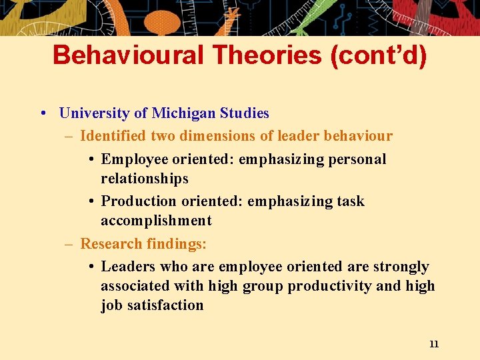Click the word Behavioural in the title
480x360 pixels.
pyautogui.click(x=127, y=55)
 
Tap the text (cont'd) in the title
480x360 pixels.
pyautogui.click(x=378, y=55)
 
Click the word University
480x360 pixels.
pyautogui.click(x=95, y=113)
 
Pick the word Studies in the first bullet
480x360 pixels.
pyautogui.click(x=245, y=113)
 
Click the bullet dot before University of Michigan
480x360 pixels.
pyautogui.click(x=43, y=113)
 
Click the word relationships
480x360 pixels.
pyautogui.click(x=145, y=179)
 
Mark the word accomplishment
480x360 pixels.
pyautogui.click(x=156, y=221)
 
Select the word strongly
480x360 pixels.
pyautogui.click(x=401, y=267)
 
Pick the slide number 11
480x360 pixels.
pyautogui.click(x=434, y=344)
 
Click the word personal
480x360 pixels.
pyautogui.click(x=357, y=159)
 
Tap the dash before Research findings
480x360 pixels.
pyautogui.click(x=69, y=244)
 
